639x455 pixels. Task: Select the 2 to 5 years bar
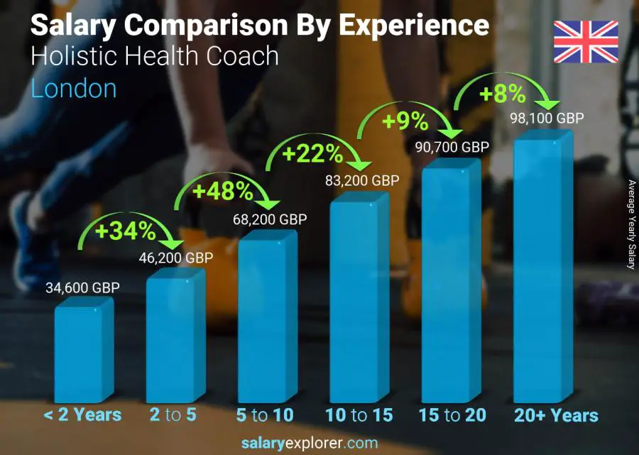coord(174,337)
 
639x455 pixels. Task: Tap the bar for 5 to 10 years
coord(266,319)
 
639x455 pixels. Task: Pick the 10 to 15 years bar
coord(358,298)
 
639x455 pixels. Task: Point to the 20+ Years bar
coord(542,270)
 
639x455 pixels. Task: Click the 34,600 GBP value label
coord(82,287)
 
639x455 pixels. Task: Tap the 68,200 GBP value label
coord(270,219)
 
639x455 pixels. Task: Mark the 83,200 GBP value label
coord(362,180)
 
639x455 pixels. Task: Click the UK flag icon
coord(586,42)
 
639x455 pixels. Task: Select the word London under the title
coord(74,89)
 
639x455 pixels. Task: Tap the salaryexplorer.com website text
coord(319,444)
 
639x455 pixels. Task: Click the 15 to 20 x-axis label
coord(452,415)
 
